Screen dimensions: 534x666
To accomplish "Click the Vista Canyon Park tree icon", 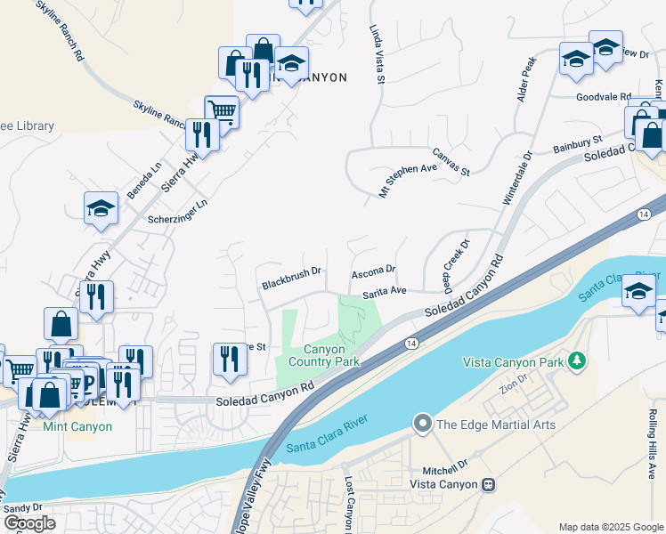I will tap(579, 360).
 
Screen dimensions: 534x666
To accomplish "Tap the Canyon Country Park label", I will tap(331, 355).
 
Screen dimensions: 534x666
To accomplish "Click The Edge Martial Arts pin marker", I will tap(422, 424).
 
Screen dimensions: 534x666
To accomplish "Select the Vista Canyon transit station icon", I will tap(488, 484).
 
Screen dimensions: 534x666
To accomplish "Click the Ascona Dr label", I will tap(373, 271).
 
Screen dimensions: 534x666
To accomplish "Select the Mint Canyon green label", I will tap(77, 426).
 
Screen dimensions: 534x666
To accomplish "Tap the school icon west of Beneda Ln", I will tap(102, 208).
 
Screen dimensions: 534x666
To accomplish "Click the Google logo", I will tap(29, 523).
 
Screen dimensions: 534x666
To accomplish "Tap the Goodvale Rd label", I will tap(603, 97).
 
